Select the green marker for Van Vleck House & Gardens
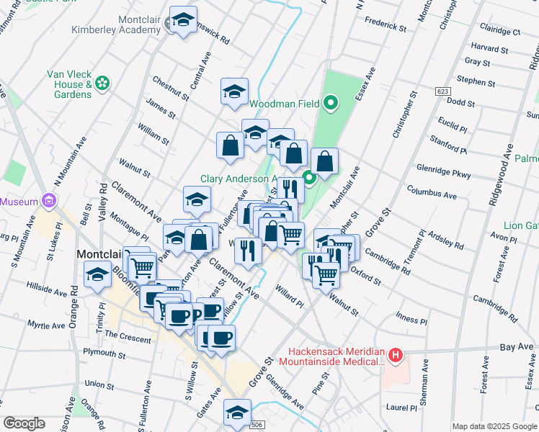click(102, 84)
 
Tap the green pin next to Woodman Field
click(330, 104)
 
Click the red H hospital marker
click(395, 355)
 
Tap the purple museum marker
click(50, 201)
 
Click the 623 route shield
click(442, 91)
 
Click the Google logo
click(24, 423)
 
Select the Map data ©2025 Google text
click(494, 426)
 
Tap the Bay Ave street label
click(516, 347)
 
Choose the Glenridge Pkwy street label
click(443, 171)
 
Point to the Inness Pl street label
click(411, 318)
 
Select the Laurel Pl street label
click(401, 408)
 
